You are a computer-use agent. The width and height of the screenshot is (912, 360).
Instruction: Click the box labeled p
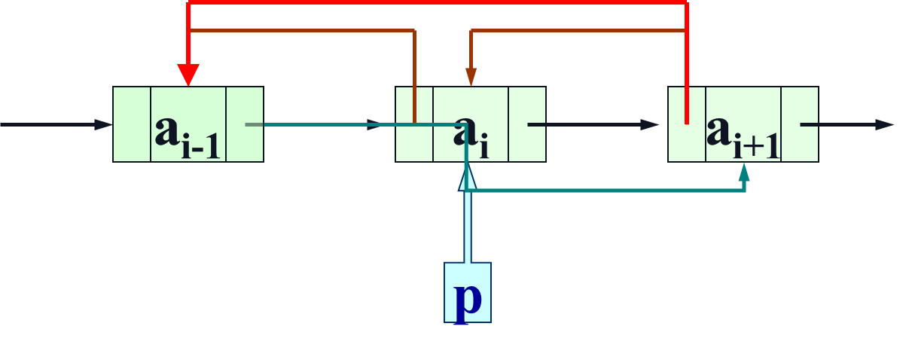point(468,292)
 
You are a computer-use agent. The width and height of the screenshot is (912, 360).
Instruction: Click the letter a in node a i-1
point(168,131)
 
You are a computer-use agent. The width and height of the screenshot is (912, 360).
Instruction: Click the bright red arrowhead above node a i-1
point(188,75)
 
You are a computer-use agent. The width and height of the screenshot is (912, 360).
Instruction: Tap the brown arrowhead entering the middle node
point(471,77)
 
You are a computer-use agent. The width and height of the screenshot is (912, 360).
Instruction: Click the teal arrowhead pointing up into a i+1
point(745,173)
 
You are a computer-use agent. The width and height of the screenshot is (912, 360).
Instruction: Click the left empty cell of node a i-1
point(132,124)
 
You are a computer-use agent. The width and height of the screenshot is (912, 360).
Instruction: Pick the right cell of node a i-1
point(245,124)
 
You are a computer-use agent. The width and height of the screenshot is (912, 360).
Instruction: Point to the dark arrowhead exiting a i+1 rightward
point(885,124)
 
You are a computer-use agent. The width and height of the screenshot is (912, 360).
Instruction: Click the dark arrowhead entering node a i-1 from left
point(104,124)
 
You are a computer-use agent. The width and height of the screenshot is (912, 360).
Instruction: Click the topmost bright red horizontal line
point(437,3)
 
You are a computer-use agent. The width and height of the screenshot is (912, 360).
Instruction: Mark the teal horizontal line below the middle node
point(602,191)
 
